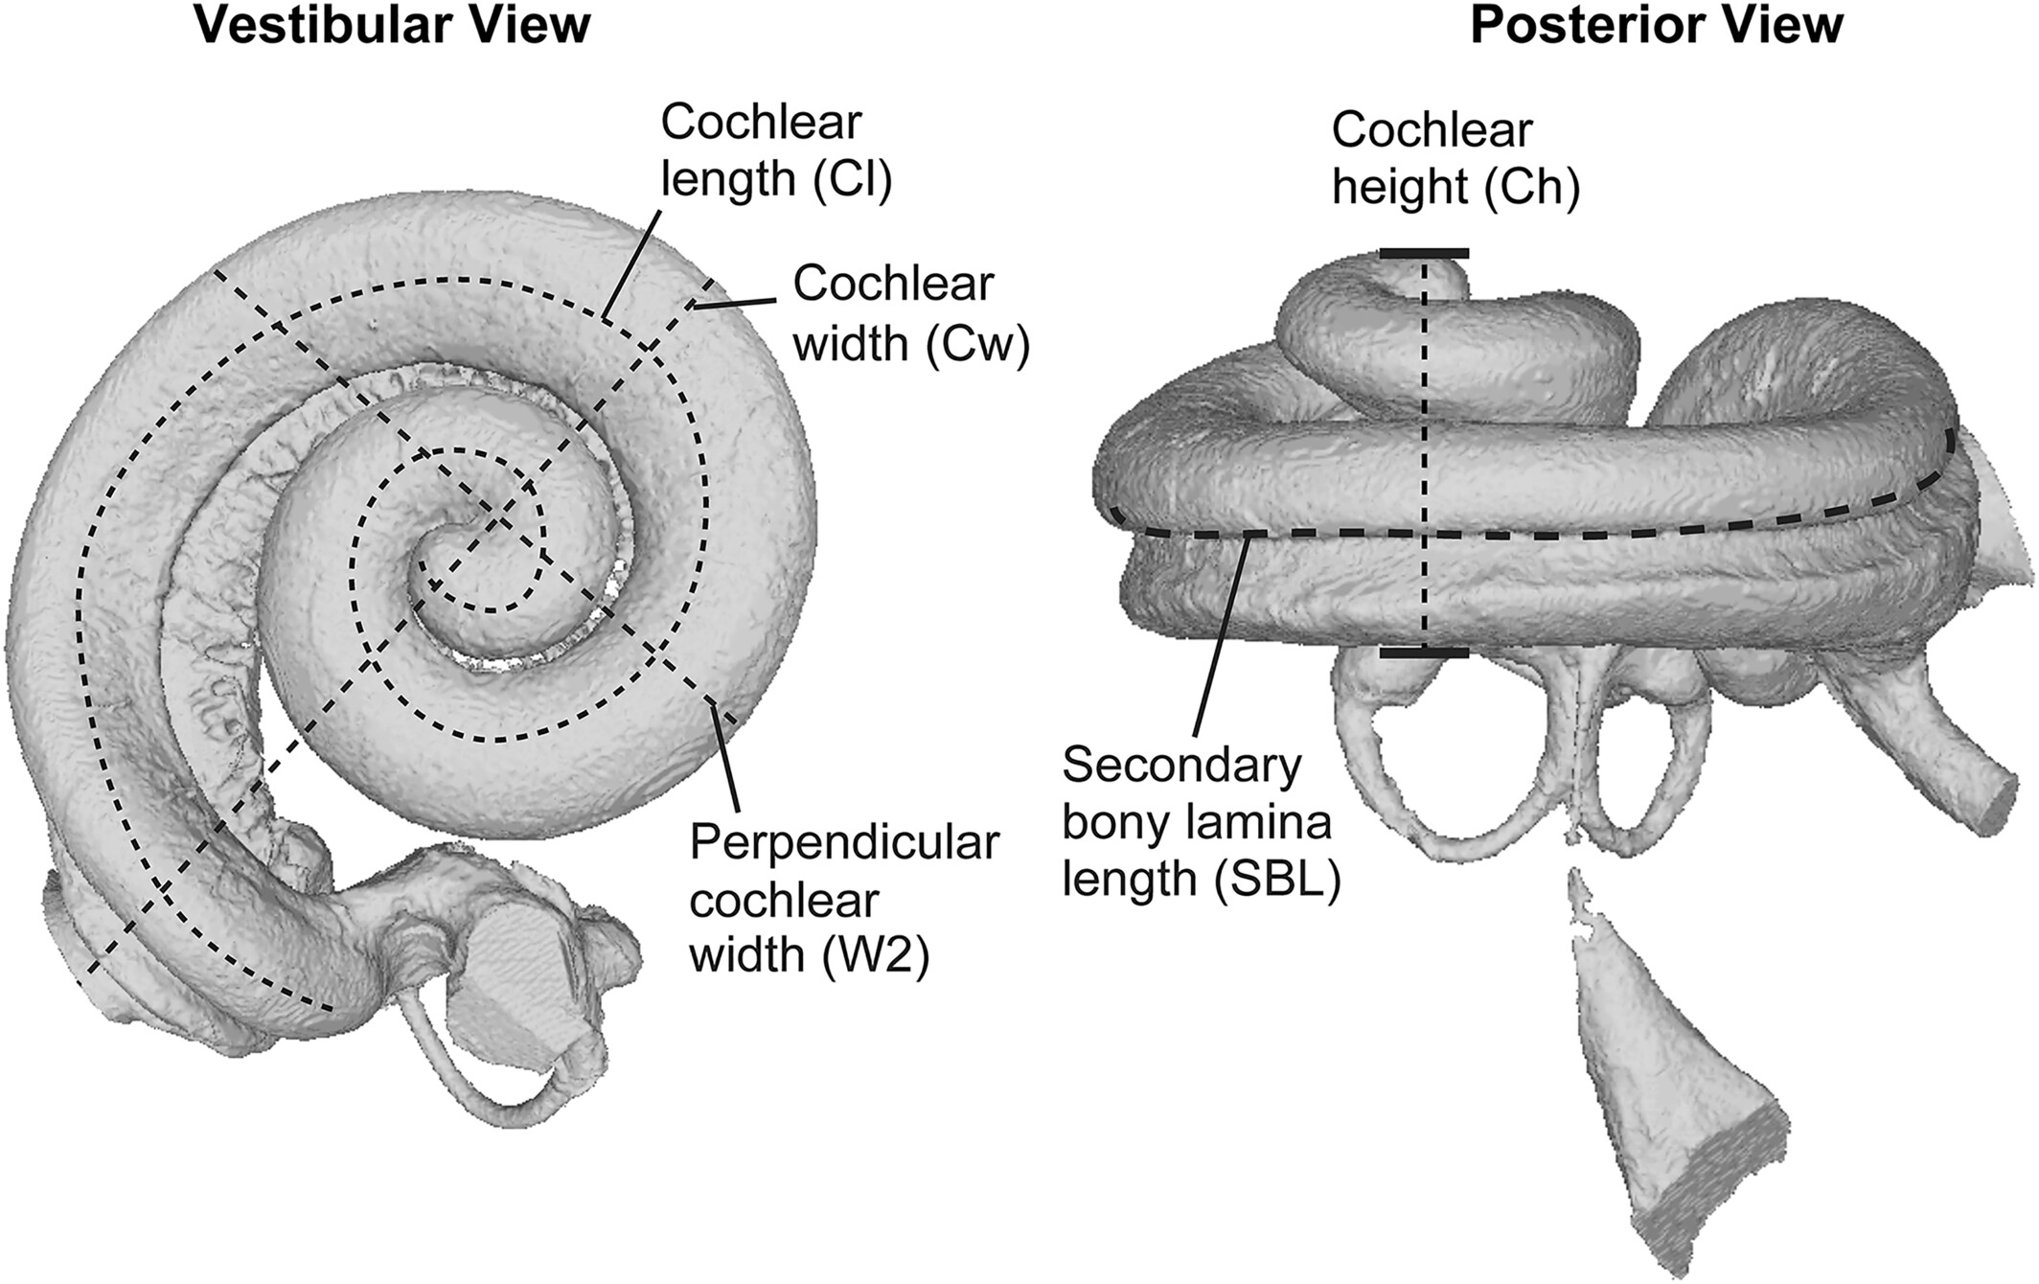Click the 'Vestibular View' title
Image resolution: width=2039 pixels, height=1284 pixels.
pyautogui.click(x=392, y=26)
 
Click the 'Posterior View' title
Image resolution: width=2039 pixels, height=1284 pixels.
pyautogui.click(x=1656, y=26)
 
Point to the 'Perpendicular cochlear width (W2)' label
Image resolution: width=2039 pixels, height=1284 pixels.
pyautogui.click(x=843, y=900)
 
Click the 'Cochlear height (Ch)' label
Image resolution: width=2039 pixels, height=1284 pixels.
pyautogui.click(x=1455, y=159)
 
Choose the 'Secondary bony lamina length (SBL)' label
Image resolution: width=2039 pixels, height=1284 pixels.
pyautogui.click(x=1200, y=821)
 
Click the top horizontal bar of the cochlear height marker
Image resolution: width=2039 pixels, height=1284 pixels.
pyautogui.click(x=1424, y=254)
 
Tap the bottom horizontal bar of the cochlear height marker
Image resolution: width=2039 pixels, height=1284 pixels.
pyautogui.click(x=1424, y=653)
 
